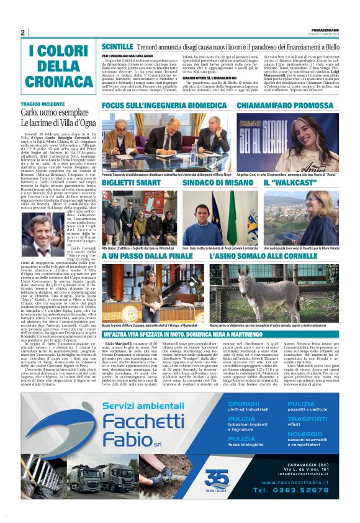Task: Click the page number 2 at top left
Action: coord(22,32)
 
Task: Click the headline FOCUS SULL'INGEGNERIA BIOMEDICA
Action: coord(164,106)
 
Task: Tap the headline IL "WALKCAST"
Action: coord(283,183)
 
